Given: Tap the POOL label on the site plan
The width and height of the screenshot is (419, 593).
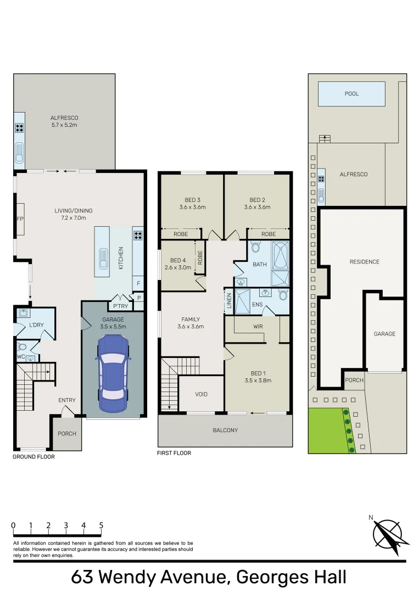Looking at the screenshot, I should pos(351,94).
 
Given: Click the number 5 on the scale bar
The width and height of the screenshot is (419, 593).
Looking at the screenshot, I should pos(101,525).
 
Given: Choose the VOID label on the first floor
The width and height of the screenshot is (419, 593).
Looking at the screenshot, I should pos(202,395).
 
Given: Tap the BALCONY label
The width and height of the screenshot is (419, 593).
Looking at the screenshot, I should pos(225,430).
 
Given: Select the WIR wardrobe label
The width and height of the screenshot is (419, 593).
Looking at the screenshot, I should pos(257,327).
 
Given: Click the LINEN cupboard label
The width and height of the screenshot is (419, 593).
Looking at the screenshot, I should pos(229,301).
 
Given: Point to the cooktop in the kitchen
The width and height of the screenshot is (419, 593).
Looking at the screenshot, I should pos(138,237).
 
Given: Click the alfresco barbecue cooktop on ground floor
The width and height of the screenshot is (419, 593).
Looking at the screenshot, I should pos(19,128).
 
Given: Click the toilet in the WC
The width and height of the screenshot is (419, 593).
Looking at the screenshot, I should pos(22,347).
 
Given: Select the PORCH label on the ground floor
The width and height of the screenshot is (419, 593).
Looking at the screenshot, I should pos(67,433).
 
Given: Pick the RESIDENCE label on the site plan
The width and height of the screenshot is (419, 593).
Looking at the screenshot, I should pos(364,262).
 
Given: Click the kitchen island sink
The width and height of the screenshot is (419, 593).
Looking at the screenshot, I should pos(102,257).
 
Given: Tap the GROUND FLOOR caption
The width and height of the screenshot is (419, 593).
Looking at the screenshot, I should pos(34,457).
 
